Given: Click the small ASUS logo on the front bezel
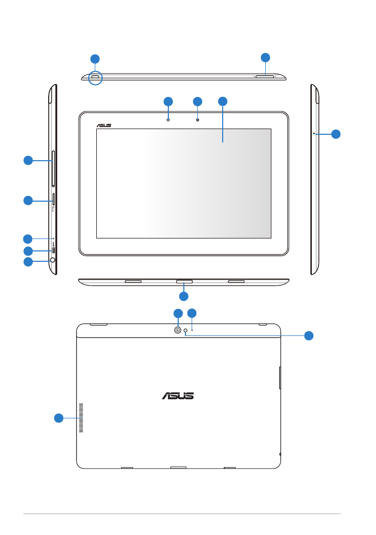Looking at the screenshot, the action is (x=104, y=125).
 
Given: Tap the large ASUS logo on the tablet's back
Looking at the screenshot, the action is (x=178, y=395).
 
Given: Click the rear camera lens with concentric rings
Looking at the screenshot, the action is (x=178, y=330).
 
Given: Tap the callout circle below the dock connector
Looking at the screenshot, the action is (x=184, y=296).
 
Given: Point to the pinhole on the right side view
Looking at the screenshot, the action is (x=314, y=133).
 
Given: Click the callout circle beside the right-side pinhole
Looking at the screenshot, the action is (x=336, y=134).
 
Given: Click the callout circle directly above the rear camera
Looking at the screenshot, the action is (x=178, y=313).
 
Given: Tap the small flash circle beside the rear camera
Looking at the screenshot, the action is (x=185, y=334).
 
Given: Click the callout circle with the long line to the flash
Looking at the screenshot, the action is (x=309, y=335).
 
